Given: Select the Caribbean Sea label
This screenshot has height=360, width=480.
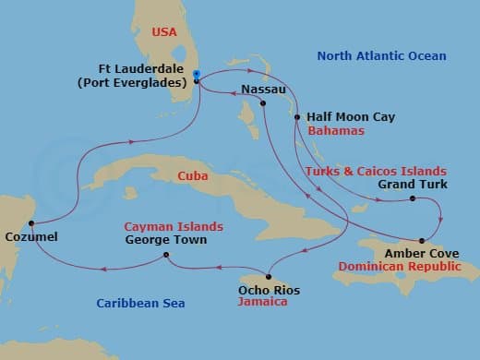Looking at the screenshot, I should (x=141, y=303).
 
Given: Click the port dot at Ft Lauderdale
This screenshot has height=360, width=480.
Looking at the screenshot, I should (x=197, y=81).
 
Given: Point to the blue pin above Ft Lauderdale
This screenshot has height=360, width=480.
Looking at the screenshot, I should (x=198, y=72).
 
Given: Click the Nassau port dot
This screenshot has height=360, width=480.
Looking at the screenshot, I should (x=263, y=102).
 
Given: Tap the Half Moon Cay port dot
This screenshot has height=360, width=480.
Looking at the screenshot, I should (x=296, y=117).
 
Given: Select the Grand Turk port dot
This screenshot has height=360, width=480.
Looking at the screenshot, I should (x=413, y=198).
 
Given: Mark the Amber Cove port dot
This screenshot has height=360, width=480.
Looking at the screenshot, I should (x=422, y=240).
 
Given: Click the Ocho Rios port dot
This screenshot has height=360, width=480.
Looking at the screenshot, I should (x=267, y=277).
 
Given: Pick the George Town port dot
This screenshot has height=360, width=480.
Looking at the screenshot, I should (x=166, y=255).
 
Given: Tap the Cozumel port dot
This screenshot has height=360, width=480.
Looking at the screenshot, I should (x=32, y=223).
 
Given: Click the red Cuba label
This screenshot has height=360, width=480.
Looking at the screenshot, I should (x=192, y=175).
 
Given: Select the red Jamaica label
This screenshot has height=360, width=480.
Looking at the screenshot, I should (x=263, y=303).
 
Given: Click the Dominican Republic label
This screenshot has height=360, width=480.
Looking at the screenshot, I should (x=400, y=266).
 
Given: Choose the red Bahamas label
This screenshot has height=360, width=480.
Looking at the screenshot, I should (x=337, y=131).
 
